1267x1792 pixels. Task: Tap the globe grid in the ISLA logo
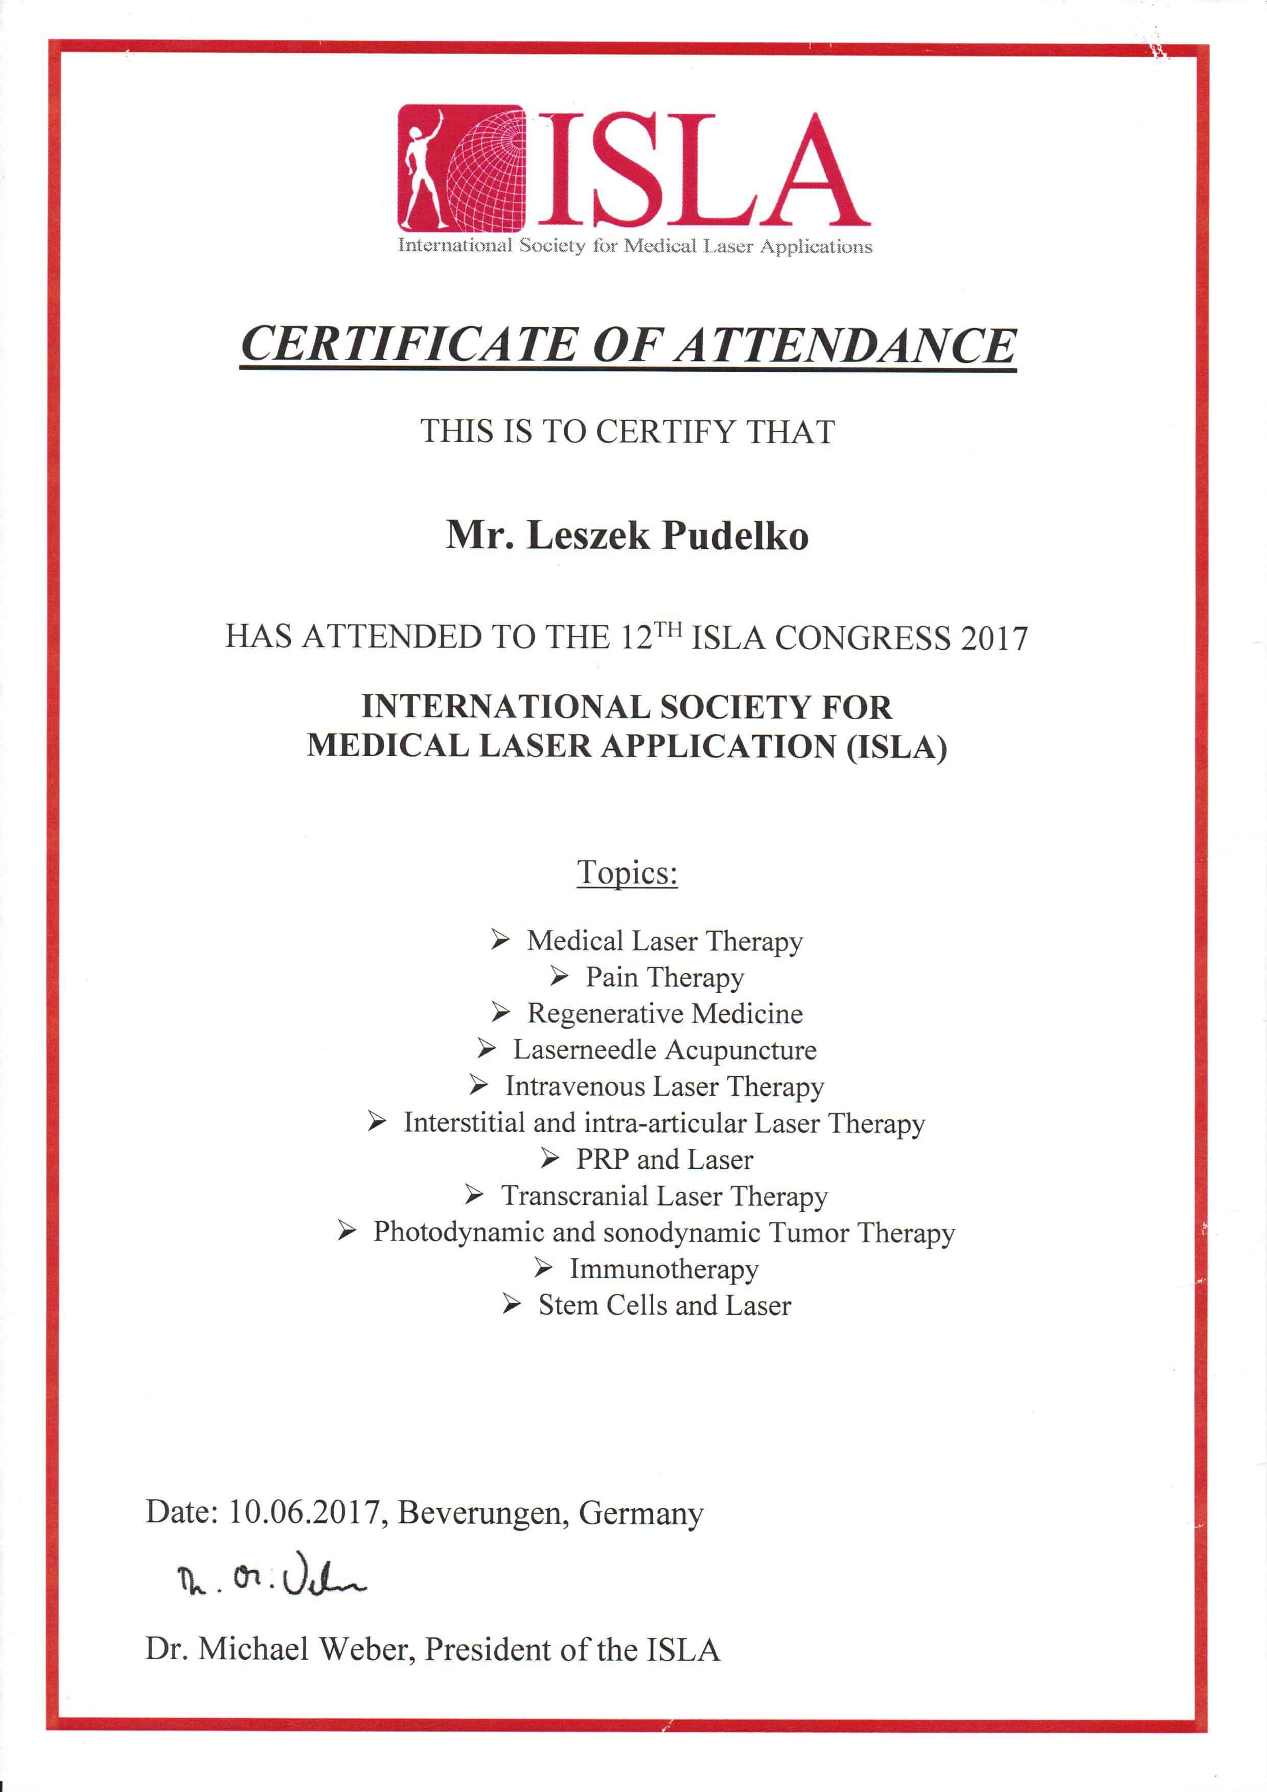pos(489,172)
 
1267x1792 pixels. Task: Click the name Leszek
pos(587,535)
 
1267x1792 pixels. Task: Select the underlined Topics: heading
pos(627,872)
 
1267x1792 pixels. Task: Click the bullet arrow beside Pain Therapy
pos(559,976)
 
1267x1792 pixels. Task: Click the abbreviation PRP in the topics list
pos(603,1159)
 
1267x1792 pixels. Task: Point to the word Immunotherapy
pos(663,1269)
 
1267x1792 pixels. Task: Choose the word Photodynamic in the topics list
pos(457,1233)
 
